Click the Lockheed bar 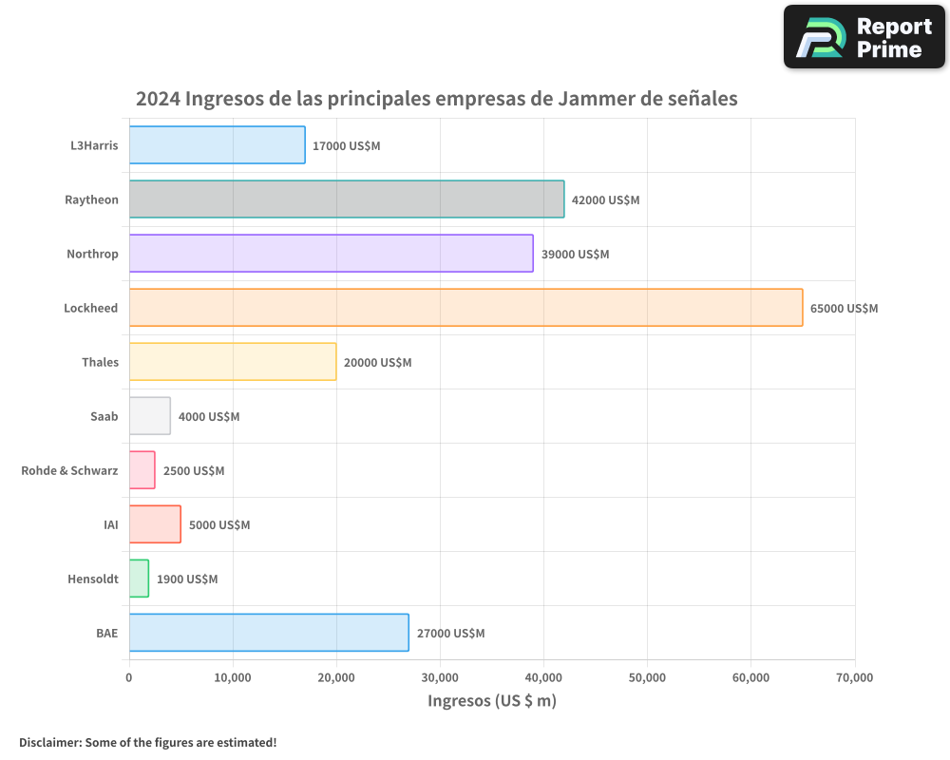[465, 308]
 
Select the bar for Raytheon [347, 199]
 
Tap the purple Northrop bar [331, 254]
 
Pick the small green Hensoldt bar [139, 579]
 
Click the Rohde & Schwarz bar [142, 470]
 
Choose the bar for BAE [269, 633]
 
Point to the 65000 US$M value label [844, 309]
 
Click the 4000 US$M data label [209, 417]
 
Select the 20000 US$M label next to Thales [377, 363]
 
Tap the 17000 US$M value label [346, 146]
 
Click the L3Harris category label [94, 145]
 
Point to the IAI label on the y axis [110, 524]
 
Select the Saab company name [104, 416]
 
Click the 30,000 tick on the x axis [440, 677]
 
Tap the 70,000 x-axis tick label [854, 677]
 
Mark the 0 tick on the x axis [129, 677]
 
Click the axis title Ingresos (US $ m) [492, 701]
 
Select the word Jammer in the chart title [595, 98]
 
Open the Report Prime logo [864, 37]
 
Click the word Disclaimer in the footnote [48, 742]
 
